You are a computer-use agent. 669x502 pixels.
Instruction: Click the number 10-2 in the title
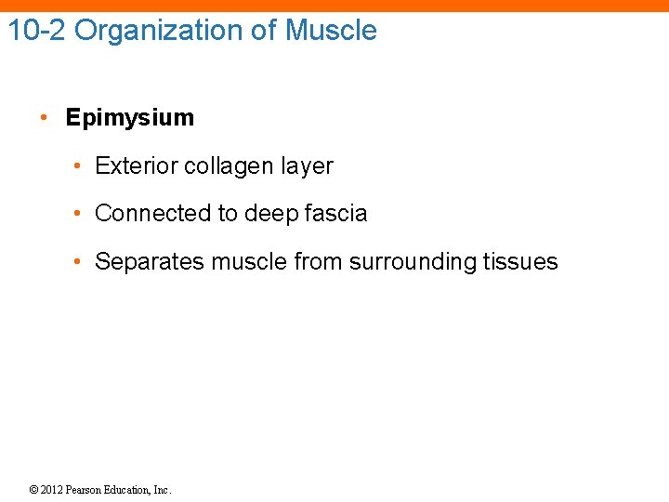37,31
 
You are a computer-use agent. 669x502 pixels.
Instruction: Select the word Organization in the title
161,31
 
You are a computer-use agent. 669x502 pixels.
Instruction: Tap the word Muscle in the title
331,31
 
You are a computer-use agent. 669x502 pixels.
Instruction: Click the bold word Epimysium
130,118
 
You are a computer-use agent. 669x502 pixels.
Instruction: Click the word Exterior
137,166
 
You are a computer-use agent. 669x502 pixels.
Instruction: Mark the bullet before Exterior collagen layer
81,166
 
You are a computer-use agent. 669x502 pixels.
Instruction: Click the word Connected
153,214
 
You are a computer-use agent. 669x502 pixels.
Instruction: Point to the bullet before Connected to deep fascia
81,214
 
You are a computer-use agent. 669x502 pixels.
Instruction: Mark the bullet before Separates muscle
81,262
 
